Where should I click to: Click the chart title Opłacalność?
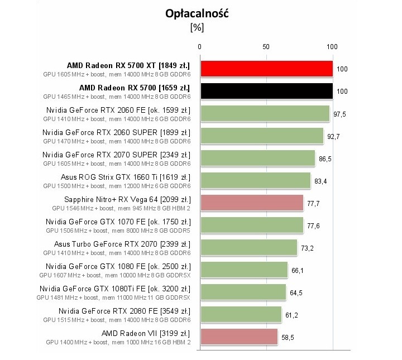(x=198, y=13)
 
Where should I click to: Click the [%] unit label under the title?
(x=197, y=26)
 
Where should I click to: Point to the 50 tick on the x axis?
(x=266, y=47)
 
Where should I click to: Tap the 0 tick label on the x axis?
(x=200, y=47)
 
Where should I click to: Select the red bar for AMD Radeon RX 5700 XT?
(x=266, y=69)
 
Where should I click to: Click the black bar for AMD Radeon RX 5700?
(x=266, y=91)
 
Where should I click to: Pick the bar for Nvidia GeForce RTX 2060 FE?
(x=265, y=113)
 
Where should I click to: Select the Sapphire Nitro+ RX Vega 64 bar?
(x=251, y=203)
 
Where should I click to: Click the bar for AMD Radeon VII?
(x=238, y=337)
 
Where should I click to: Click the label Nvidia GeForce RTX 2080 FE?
(x=124, y=310)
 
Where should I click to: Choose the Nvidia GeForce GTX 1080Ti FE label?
(x=115, y=288)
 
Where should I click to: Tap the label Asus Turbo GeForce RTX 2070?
(x=122, y=243)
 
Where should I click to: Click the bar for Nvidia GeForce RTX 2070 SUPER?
(x=257, y=158)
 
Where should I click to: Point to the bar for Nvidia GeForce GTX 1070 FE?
(x=251, y=225)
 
